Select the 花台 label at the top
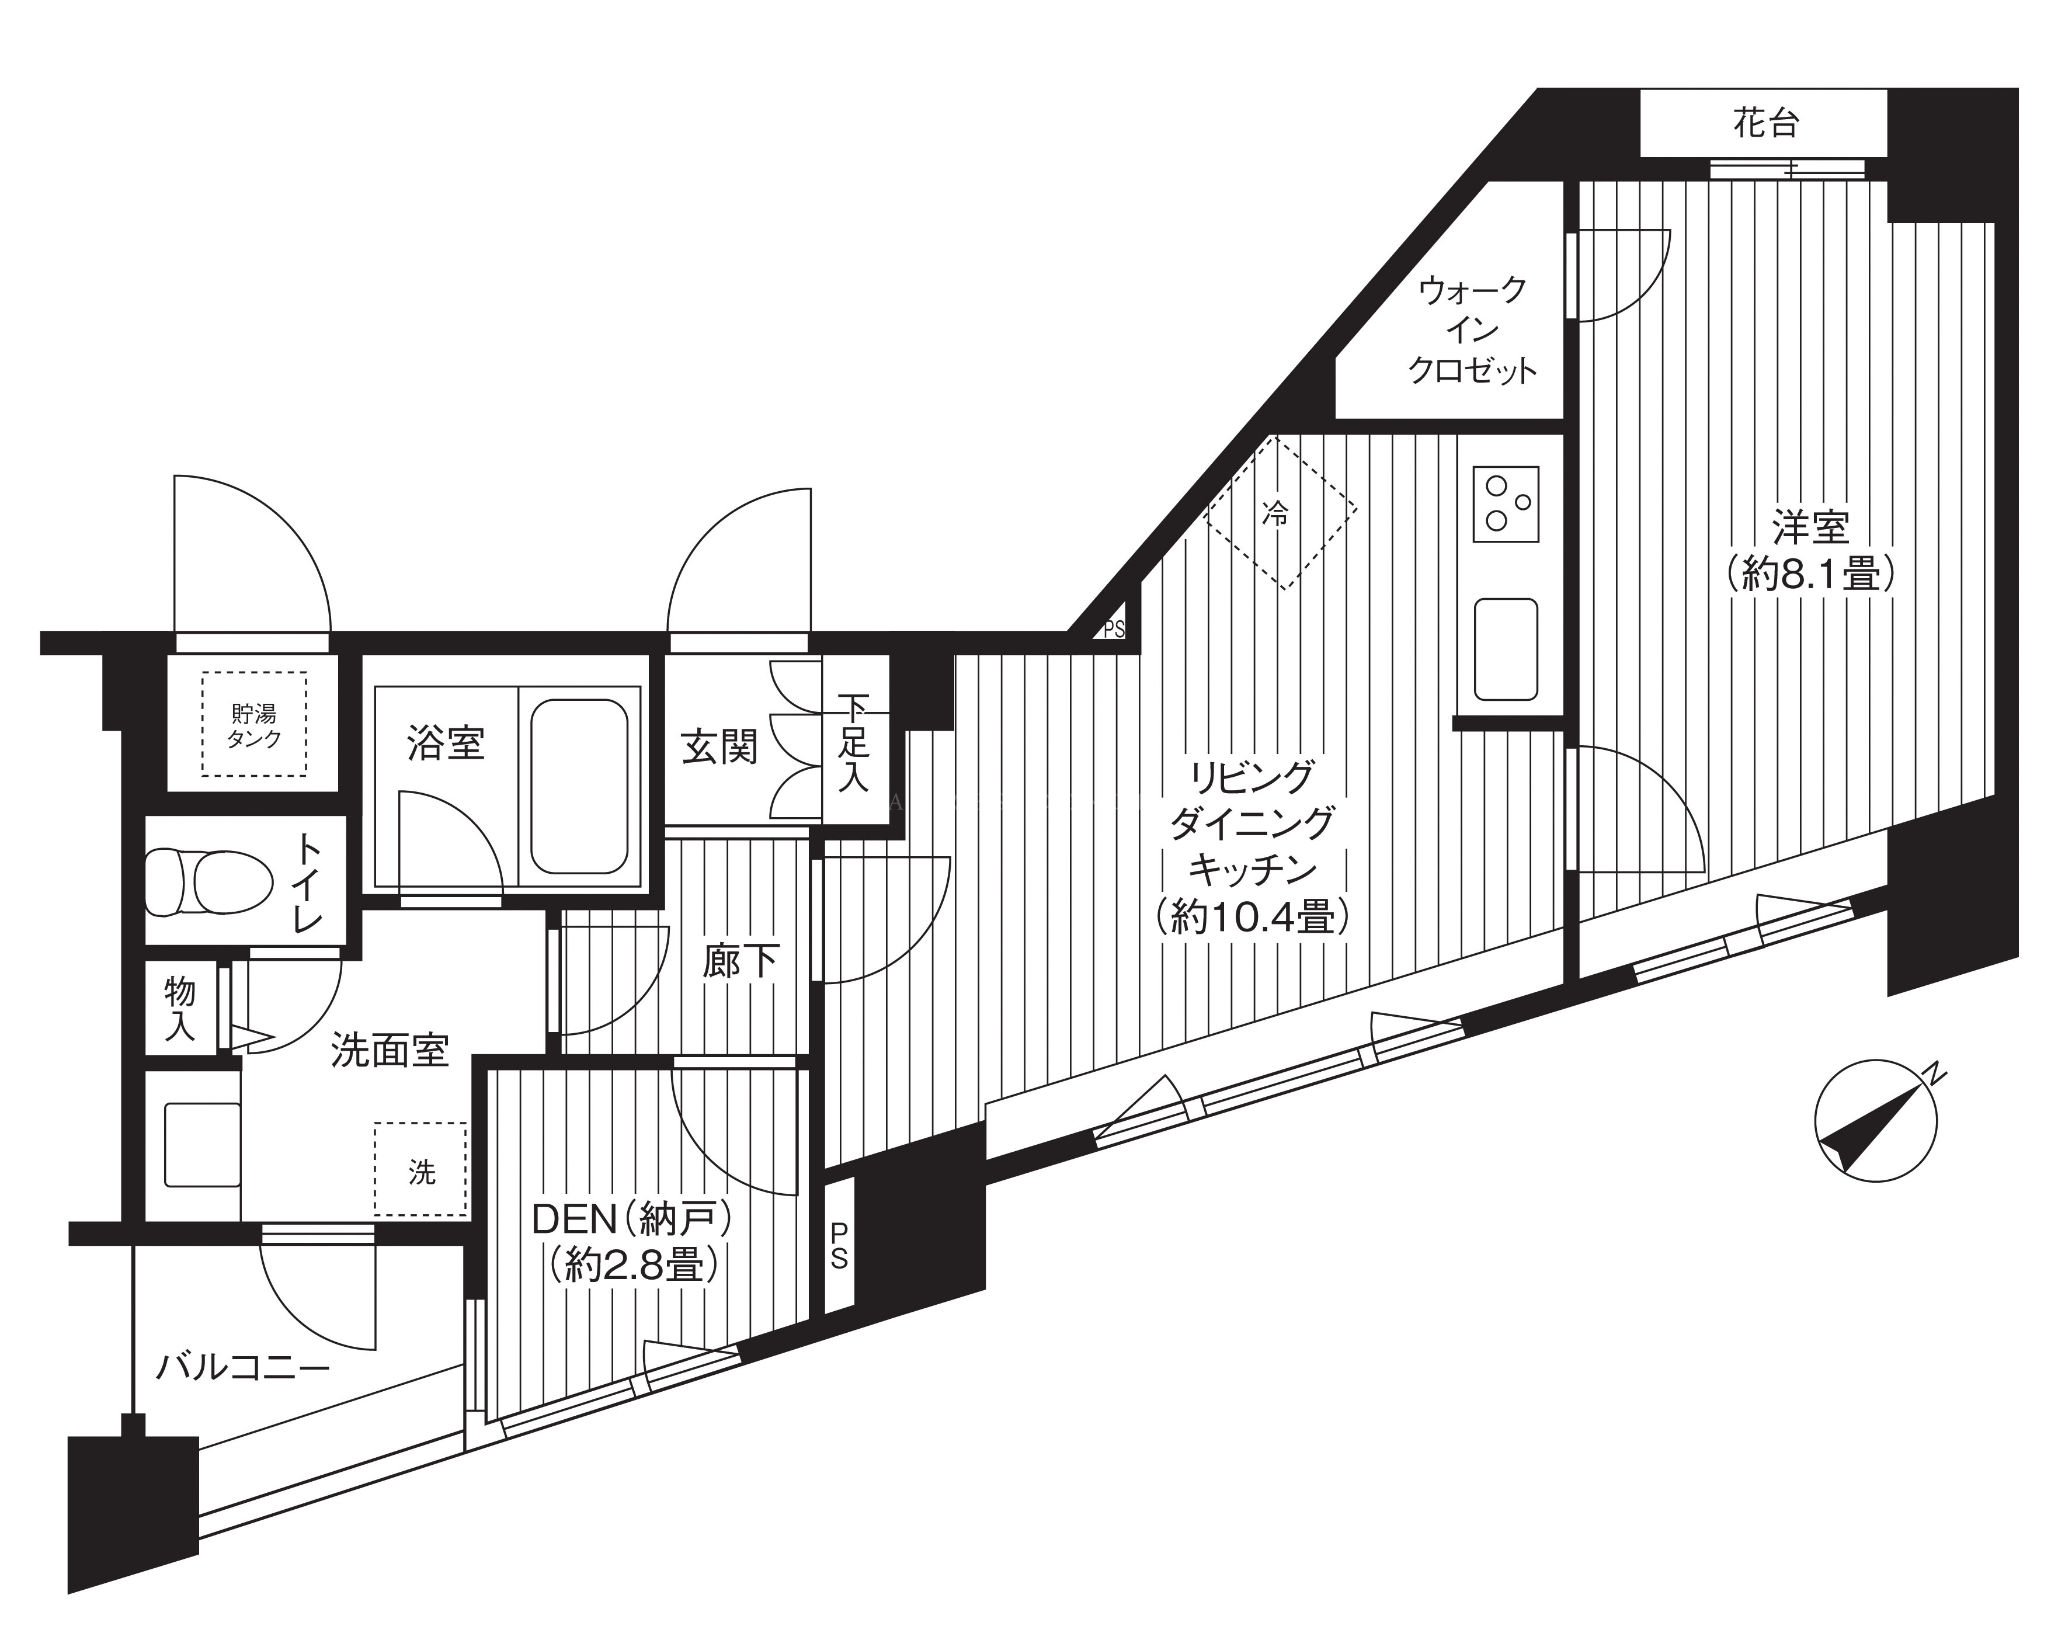(x=1765, y=124)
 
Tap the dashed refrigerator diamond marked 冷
(x=1281, y=512)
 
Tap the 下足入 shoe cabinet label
(x=853, y=744)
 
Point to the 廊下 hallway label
(x=741, y=962)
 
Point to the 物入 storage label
(x=180, y=1009)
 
